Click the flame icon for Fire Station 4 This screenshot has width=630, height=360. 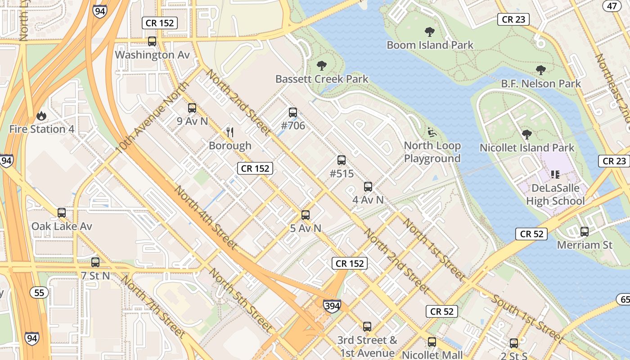41,116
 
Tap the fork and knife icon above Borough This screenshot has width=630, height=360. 230,132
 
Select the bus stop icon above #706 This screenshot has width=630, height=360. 293,112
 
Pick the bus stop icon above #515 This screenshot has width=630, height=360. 342,160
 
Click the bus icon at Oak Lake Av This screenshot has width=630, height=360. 62,213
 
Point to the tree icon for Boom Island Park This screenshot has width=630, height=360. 430,32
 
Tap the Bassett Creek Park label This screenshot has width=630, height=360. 322,79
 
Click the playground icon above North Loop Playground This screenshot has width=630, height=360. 432,132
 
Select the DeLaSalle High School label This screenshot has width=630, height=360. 555,194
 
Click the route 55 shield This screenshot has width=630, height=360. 39,293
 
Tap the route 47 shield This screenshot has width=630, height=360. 612,5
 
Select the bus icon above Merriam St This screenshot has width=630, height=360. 585,232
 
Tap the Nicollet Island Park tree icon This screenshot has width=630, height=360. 527,135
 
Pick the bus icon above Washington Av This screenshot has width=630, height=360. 152,41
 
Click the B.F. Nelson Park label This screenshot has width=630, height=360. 541,84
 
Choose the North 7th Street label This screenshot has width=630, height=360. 153,307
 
